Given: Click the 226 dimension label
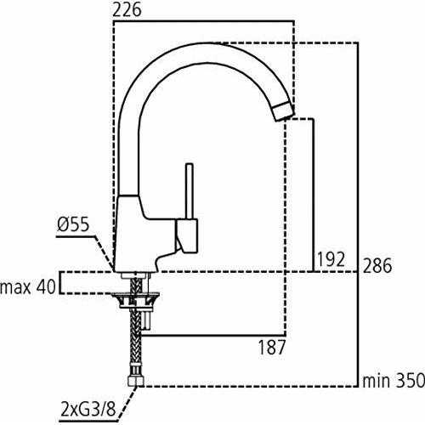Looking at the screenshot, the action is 127,10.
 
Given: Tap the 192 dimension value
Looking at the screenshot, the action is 331,259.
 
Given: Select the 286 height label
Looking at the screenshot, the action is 377,265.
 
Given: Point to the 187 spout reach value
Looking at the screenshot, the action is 272,347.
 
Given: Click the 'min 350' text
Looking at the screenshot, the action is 394,381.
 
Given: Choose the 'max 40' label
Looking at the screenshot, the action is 28,287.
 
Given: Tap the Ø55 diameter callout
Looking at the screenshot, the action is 73,225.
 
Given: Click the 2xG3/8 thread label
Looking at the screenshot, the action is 88,410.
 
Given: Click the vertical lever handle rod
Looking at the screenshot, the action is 190,191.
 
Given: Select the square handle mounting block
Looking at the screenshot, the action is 187,235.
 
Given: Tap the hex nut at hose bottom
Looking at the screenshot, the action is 136,381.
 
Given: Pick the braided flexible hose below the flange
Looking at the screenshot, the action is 136,342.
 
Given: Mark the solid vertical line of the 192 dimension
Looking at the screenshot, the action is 314,195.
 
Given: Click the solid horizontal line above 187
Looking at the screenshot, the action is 213,336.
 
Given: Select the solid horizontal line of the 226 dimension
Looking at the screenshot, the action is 203,21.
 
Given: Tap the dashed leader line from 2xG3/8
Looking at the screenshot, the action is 127,402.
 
